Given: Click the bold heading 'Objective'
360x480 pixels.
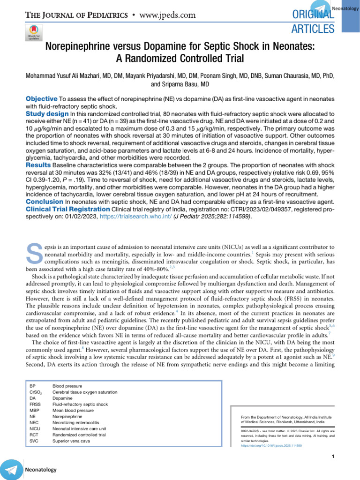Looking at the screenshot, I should point(41,99).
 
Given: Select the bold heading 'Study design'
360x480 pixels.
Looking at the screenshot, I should point(47,114).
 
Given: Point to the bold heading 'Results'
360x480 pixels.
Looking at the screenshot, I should point(38,166).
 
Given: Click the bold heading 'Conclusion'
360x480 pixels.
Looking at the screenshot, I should point(44,201).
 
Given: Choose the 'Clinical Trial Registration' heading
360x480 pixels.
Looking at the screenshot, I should point(67,209).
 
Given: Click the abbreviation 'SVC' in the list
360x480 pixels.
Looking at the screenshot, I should point(34,441).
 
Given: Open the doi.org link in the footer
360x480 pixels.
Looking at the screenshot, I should point(271,445).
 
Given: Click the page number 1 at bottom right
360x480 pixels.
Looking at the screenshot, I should point(332,457).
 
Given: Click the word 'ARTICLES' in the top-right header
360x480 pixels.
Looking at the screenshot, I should point(314,29).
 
